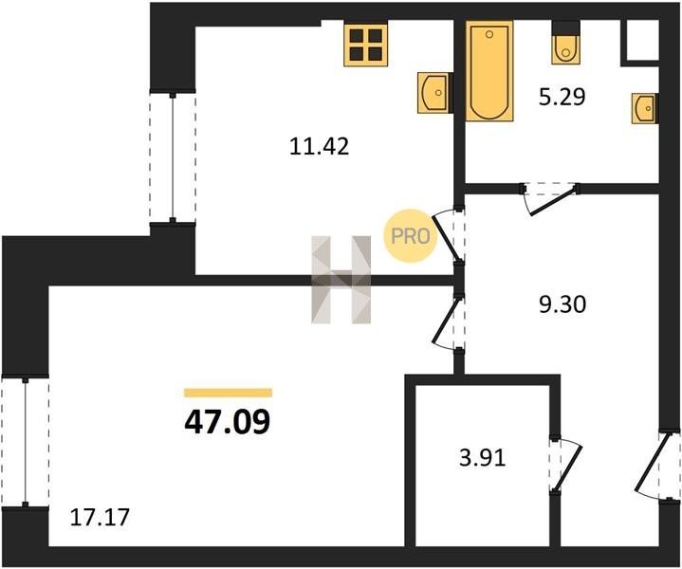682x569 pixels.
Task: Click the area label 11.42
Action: [320, 146]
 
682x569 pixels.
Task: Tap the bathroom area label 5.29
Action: [562, 97]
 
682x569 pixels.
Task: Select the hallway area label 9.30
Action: [562, 304]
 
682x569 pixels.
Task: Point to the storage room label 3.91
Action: [483, 458]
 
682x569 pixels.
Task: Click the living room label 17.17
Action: [100, 518]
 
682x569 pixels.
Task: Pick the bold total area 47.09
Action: [227, 422]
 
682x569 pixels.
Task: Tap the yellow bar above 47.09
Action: [228, 393]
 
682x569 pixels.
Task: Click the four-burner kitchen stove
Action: [366, 45]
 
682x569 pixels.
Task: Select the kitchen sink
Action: [433, 93]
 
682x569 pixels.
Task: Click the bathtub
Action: [489, 70]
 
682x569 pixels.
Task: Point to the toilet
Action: [565, 44]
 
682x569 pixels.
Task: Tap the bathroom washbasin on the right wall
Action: [644, 108]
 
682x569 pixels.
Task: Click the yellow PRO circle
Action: [410, 236]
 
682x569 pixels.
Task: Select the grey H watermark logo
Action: [341, 279]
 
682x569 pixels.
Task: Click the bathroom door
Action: [550, 198]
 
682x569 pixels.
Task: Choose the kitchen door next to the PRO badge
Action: [448, 236]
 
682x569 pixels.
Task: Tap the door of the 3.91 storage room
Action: [565, 464]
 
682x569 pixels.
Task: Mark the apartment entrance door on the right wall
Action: [655, 466]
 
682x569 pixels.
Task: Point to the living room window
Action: [26, 442]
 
